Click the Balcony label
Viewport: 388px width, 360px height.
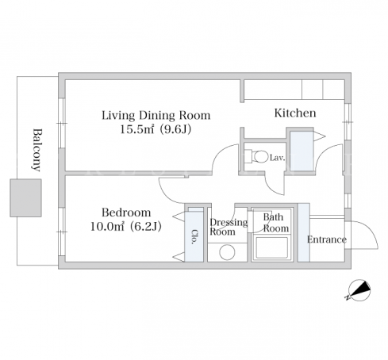tap(37, 150)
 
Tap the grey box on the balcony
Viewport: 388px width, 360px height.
tap(25, 198)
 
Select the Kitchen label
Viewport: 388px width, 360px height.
tap(295, 113)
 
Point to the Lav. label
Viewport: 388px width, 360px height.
tap(277, 158)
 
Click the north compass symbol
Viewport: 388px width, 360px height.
tap(359, 290)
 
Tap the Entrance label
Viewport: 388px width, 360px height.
tap(327, 239)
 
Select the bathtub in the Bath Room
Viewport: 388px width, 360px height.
tap(271, 248)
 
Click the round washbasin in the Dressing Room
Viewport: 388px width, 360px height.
tap(227, 252)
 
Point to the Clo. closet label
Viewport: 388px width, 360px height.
tap(194, 236)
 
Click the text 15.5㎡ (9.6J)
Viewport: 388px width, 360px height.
tap(156, 129)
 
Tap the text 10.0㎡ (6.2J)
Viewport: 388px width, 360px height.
tap(126, 227)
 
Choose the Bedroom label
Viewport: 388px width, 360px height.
tap(126, 213)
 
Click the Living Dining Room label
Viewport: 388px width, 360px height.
tap(156, 116)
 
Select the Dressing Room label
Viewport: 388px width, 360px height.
tap(229, 227)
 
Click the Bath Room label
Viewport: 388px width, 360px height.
tap(276, 223)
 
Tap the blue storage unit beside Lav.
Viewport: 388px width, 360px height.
tap(302, 151)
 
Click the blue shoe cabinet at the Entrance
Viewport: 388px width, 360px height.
tap(304, 232)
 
